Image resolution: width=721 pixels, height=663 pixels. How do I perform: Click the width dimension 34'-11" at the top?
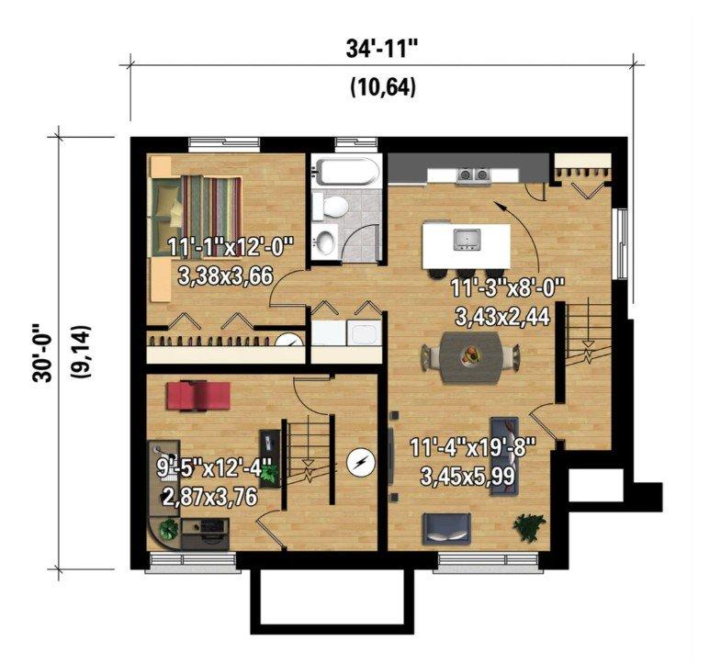[x=383, y=50]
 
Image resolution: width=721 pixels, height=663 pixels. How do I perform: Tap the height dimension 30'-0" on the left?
[x=41, y=354]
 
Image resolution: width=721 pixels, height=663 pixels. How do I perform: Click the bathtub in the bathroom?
[x=345, y=172]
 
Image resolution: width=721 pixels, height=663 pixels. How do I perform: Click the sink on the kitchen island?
[x=467, y=239]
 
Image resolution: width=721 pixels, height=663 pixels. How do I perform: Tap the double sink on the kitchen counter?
[x=474, y=174]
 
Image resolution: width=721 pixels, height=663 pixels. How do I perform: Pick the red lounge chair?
[x=198, y=395]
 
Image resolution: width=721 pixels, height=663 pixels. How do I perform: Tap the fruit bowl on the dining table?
[x=470, y=355]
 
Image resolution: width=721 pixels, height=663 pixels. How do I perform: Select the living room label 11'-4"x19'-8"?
[x=473, y=448]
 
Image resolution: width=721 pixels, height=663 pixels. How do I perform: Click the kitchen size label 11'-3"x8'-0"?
[x=507, y=289]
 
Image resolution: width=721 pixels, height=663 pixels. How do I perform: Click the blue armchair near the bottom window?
[x=447, y=527]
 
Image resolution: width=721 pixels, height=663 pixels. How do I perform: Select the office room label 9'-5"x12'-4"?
[x=215, y=469]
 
